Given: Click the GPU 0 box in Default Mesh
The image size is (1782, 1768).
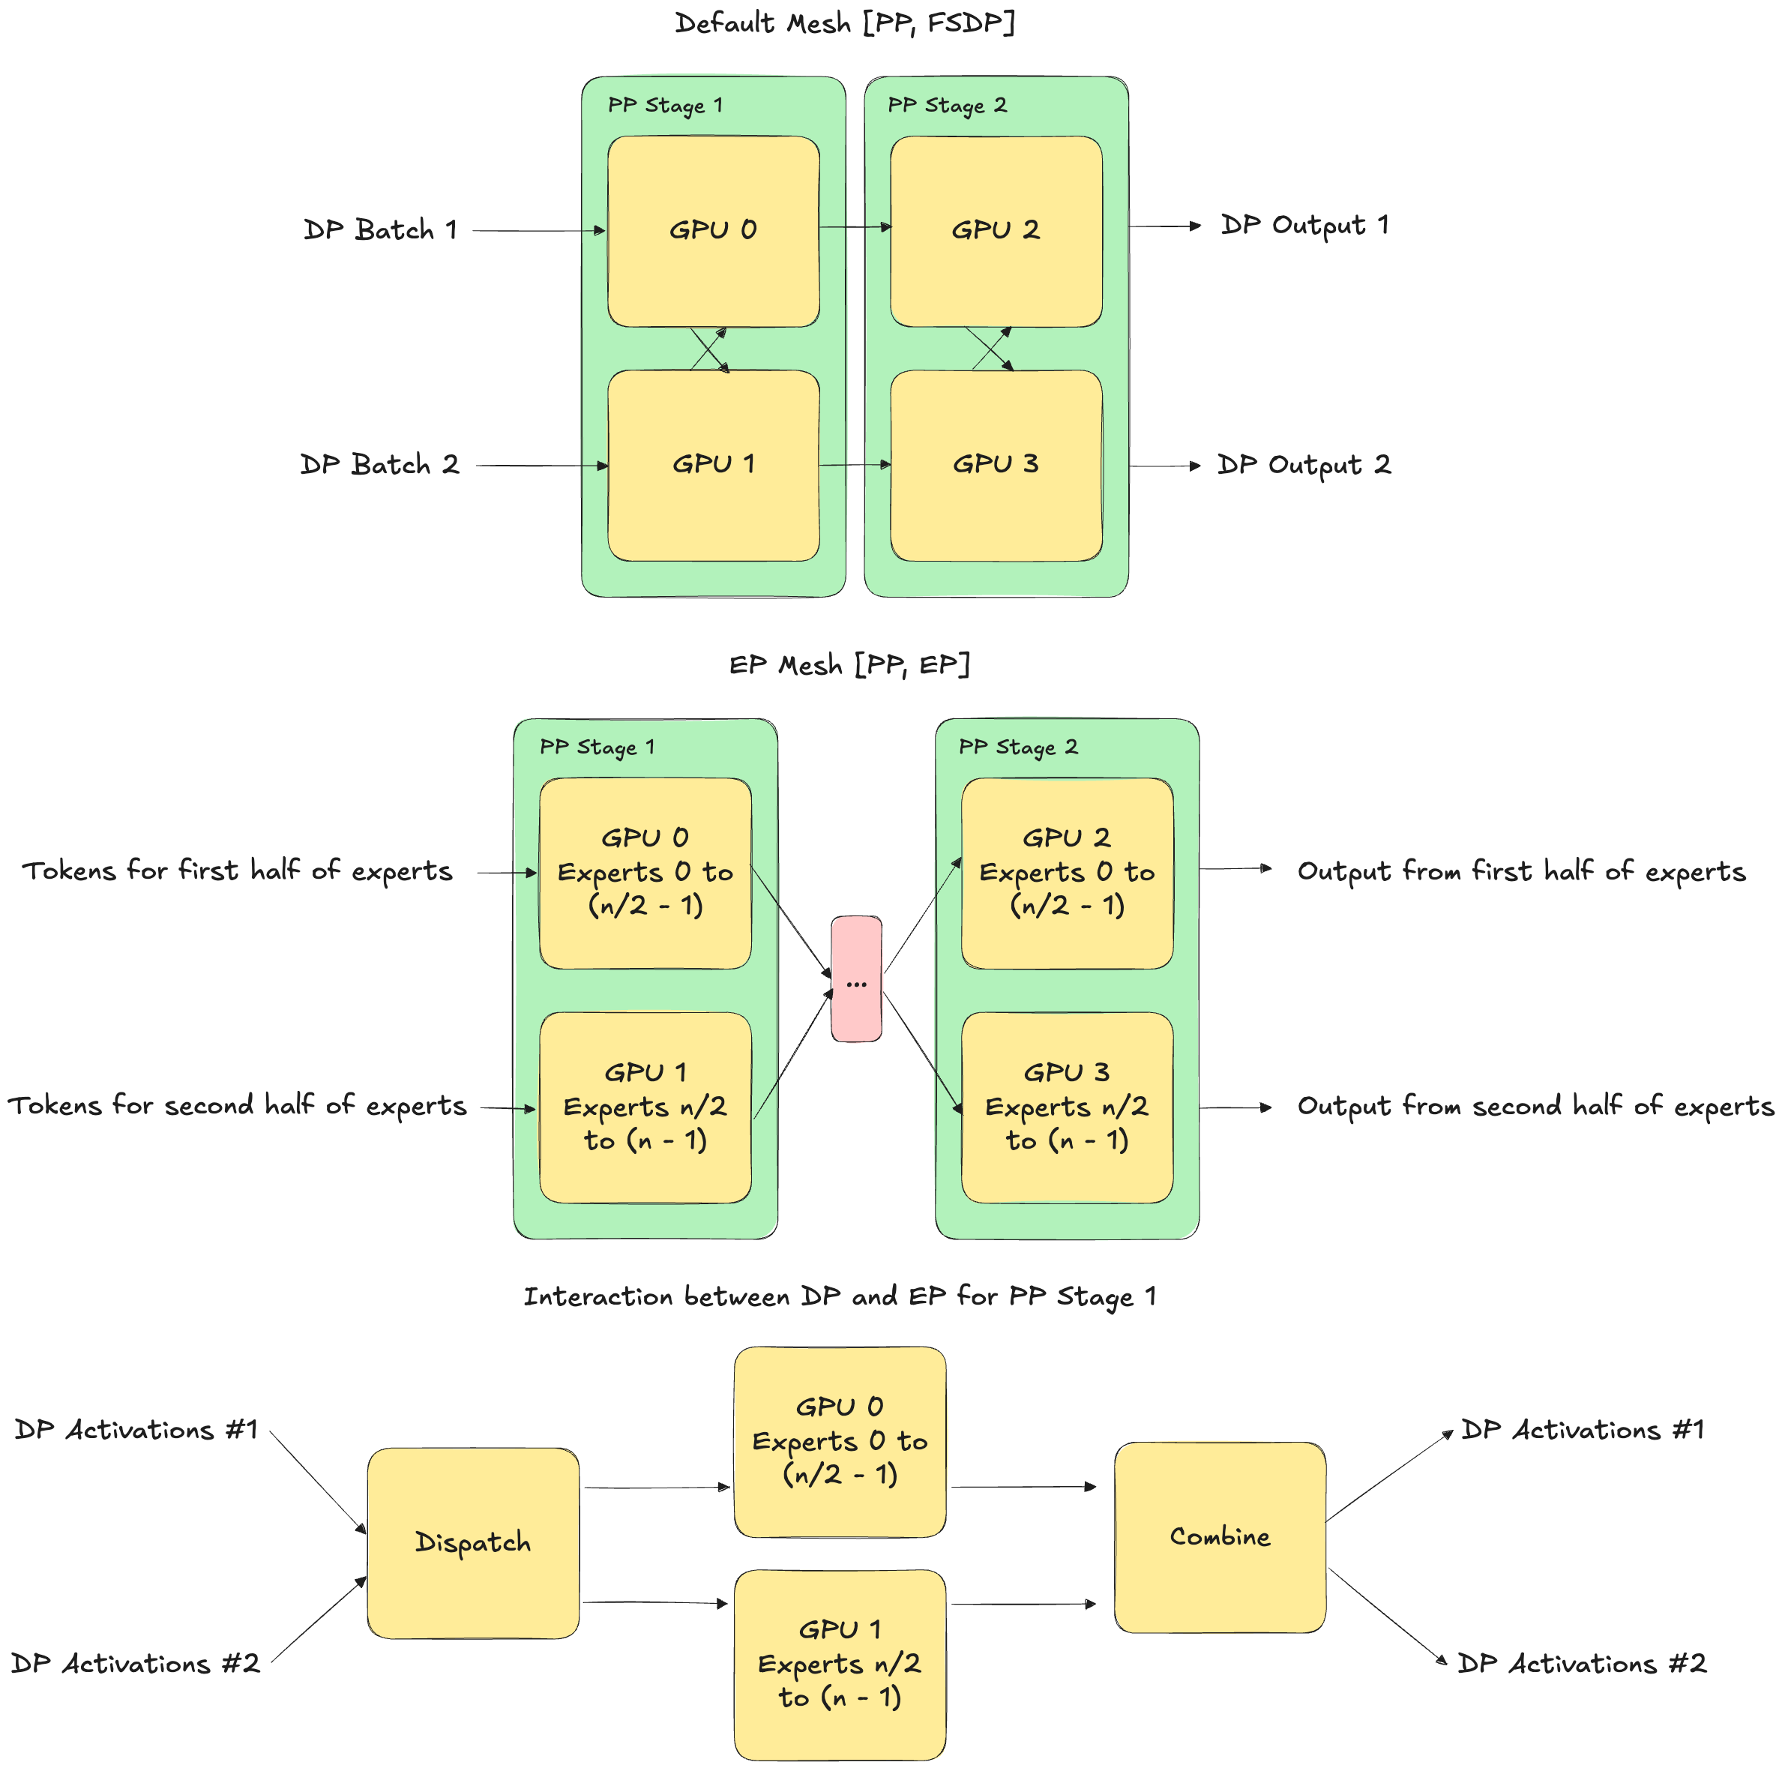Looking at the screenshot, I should point(713,231).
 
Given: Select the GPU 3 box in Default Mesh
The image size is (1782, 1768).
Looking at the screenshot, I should point(996,465).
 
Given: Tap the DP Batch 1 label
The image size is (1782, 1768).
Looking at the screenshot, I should point(381,229).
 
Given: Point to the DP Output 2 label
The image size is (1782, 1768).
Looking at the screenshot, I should point(1303,465).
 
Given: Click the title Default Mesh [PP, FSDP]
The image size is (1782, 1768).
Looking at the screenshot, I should point(845,23).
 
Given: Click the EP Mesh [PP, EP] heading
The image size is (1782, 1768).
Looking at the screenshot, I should point(849,665).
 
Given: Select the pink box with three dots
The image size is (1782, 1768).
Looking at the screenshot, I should point(856,978).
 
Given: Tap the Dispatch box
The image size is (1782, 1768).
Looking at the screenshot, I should point(472,1542).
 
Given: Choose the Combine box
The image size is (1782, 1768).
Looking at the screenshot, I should point(1219,1536).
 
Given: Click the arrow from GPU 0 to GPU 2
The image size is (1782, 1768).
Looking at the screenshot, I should point(854,227).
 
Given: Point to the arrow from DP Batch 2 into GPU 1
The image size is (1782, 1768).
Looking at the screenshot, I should point(541,466).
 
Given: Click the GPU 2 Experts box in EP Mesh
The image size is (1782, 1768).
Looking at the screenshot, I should point(1066,873).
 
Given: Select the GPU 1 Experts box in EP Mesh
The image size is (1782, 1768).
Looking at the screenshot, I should point(645,1107).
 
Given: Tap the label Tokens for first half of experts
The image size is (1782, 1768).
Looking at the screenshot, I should point(238,871).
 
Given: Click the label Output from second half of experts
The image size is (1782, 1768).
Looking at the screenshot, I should point(1535,1106).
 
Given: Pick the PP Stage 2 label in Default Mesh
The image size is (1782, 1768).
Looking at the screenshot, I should point(948,105).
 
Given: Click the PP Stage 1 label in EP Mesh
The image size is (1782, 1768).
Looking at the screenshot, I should point(597,747).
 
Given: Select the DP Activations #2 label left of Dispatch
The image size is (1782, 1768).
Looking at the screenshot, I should point(136,1664).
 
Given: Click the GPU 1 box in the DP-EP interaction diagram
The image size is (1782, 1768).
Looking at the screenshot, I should point(840,1664).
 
